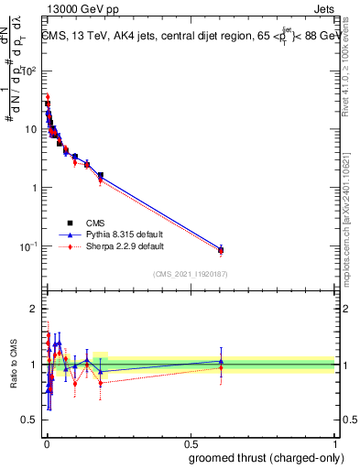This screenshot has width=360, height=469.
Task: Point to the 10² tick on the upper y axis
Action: click(x=29, y=71)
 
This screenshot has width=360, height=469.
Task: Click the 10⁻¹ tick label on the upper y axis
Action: click(x=29, y=246)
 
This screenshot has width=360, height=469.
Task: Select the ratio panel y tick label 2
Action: click(x=34, y=307)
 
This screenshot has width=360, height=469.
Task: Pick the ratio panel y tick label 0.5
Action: click(x=30, y=421)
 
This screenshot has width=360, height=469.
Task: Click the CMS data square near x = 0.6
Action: click(x=221, y=250)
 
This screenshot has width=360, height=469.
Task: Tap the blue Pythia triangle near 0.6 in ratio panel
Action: click(x=221, y=361)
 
